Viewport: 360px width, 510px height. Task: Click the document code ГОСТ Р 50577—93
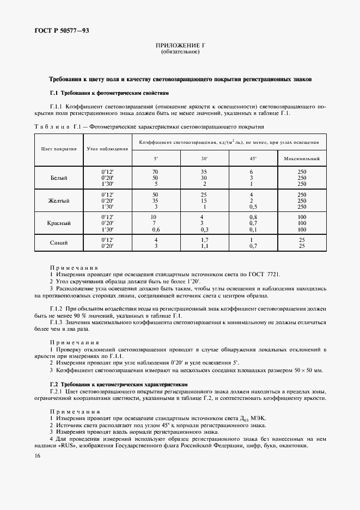[x=62, y=31]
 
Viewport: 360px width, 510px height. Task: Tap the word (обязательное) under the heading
[x=180, y=52]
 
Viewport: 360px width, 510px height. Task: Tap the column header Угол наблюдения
[x=107, y=149]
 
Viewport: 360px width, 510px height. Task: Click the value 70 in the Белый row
[x=155, y=172]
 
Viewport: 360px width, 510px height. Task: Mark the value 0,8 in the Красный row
[x=253, y=217]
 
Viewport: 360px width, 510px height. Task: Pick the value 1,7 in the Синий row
[x=204, y=240]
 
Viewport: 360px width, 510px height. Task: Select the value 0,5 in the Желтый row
[x=253, y=207]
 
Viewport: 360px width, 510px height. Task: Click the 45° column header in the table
[x=253, y=159]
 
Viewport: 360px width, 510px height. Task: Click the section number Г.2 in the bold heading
[x=54, y=384]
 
